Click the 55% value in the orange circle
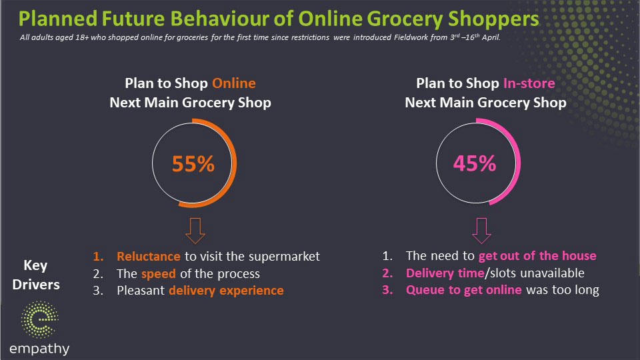click(193, 164)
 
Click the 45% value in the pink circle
click(475, 163)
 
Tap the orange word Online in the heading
click(234, 83)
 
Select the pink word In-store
click(529, 83)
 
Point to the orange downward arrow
click(195, 231)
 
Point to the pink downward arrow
click(481, 231)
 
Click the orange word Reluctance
click(149, 256)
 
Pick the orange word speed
click(159, 274)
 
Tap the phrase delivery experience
click(226, 290)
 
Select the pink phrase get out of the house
click(537, 256)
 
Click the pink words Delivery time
click(445, 273)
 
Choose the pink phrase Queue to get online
click(464, 290)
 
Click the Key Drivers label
click(36, 275)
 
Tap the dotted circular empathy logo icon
click(39, 319)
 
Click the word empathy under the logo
click(39, 349)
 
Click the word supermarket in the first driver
click(284, 257)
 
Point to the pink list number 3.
click(387, 290)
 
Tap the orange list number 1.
click(98, 256)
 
